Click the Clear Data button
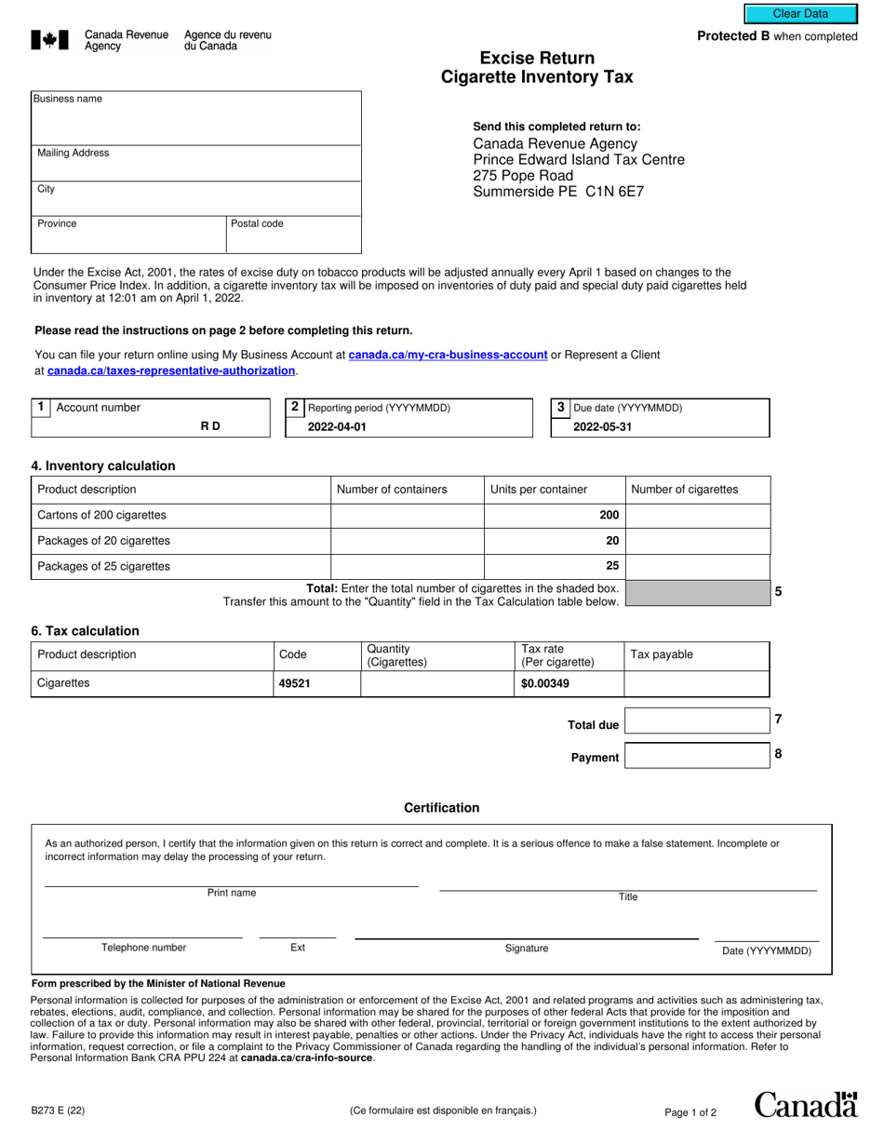point(799,14)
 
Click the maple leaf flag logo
point(49,39)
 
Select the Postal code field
point(293,239)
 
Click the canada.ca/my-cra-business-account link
point(447,355)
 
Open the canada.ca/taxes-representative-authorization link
point(171,370)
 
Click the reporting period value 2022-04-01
point(338,426)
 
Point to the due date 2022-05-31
point(602,426)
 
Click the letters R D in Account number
point(210,426)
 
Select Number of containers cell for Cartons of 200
point(407,516)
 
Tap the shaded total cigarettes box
point(698,593)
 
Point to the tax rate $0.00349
point(545,683)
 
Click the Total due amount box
point(697,721)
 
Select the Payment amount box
point(697,755)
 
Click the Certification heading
point(441,808)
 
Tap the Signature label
point(527,949)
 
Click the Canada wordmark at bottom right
point(806,1105)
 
